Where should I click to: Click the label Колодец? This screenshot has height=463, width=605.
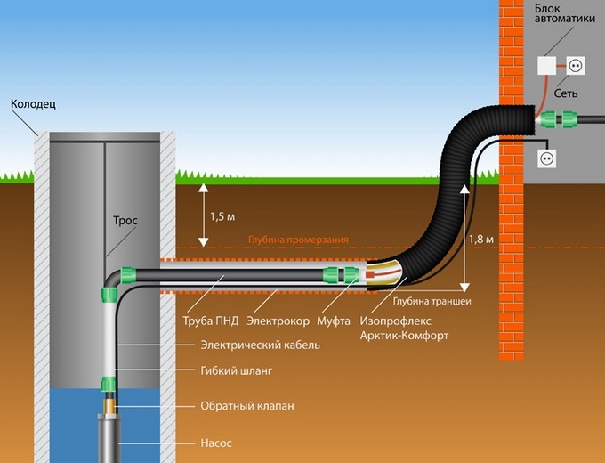coord(33,104)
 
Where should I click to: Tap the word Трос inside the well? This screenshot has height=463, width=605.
coord(125,221)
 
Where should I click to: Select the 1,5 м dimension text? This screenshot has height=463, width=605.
coord(222,217)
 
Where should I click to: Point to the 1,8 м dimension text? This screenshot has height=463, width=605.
coord(481,240)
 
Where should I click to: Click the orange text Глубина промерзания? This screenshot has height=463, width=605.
coord(298,240)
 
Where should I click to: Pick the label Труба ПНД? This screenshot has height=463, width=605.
coord(211,321)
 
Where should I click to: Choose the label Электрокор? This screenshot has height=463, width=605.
coord(278,321)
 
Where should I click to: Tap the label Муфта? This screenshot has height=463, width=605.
coord(334,321)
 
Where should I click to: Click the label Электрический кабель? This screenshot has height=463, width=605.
coord(261,345)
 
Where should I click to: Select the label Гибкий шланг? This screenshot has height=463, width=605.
coord(237,370)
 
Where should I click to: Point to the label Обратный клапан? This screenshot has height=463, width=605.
coord(247,406)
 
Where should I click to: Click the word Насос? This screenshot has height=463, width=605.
coord(216,443)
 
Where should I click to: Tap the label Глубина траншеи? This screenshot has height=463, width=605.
coord(432,301)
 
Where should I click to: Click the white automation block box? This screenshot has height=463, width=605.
coord(547,66)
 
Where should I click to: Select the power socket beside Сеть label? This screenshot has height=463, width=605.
coord(576,66)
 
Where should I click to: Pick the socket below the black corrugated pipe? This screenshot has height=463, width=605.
coord(547,158)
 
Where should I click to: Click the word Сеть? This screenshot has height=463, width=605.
coord(566,93)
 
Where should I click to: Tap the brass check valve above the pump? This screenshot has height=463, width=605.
coord(109,405)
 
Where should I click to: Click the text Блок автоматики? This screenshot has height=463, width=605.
coord(564,13)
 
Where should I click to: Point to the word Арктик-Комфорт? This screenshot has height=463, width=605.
coord(404,336)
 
